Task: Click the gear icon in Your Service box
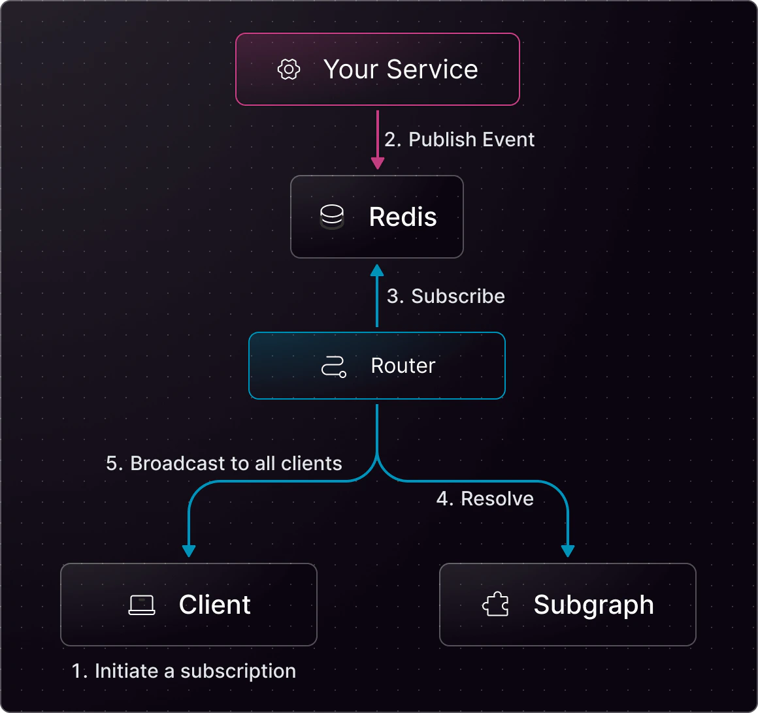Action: (x=289, y=69)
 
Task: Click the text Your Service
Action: (x=401, y=69)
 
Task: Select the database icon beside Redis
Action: (x=332, y=217)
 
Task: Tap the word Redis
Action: (x=403, y=217)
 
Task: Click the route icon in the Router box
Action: (x=333, y=366)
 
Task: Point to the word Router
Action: (x=403, y=366)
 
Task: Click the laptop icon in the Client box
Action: (x=142, y=605)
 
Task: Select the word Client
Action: (x=214, y=605)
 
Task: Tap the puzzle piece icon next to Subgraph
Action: (x=495, y=605)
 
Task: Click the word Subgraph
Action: (x=593, y=605)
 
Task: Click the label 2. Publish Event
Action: (x=459, y=139)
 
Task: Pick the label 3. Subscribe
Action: (x=446, y=296)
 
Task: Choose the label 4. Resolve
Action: (x=485, y=498)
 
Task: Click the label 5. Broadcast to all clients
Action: (x=224, y=463)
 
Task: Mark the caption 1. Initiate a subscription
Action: (x=184, y=671)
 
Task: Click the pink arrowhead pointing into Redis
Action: (x=377, y=163)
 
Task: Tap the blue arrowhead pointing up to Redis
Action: (x=377, y=270)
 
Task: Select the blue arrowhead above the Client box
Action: (x=189, y=550)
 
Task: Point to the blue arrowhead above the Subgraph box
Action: (x=568, y=550)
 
